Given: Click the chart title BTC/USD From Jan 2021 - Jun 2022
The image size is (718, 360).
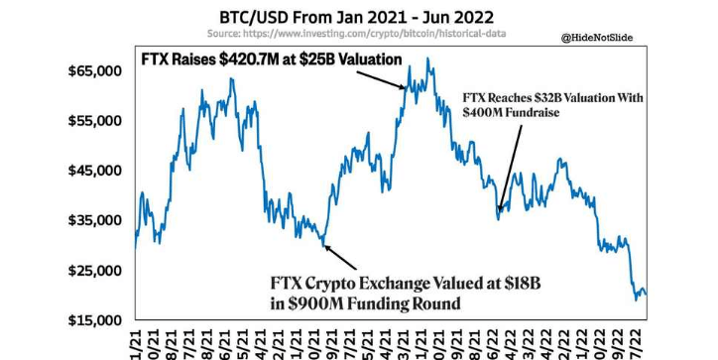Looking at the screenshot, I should coord(358,17).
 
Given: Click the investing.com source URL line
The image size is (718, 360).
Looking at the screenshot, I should coord(358,34).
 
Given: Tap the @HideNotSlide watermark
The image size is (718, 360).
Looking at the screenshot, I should coord(597,38).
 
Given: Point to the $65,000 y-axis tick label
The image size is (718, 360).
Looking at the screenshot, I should coord(95,71).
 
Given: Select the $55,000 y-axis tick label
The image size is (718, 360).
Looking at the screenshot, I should coord(95,121).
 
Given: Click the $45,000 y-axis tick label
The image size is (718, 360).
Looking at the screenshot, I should coord(95,171).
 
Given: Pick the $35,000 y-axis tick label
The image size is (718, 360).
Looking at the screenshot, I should coord(95,220).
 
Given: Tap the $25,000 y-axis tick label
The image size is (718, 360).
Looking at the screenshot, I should coord(95,271).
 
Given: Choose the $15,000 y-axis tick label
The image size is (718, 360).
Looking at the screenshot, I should coord(95,320).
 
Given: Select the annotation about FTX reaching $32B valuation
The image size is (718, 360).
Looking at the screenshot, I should coord(553,106).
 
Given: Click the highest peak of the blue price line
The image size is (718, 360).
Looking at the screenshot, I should coord(427,59).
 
